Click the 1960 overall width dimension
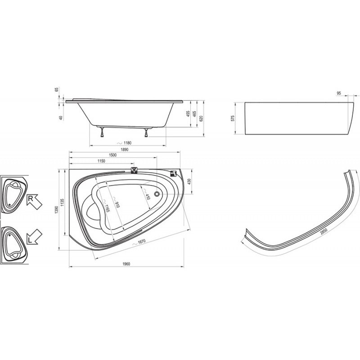126,264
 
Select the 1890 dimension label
125,149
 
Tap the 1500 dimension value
112,155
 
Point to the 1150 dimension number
101,161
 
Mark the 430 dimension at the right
189,182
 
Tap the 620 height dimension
201,118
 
